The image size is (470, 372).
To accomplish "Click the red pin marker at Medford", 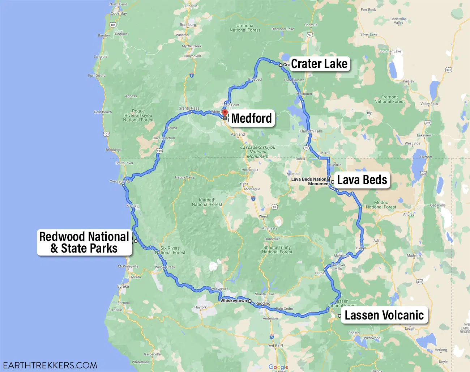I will (x=225, y=113).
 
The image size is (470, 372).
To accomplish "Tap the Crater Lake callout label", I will (x=319, y=64).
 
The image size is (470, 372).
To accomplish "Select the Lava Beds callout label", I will (x=362, y=180).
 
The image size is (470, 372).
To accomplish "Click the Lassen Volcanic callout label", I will (x=384, y=315).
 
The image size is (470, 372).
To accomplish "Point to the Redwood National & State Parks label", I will (x=84, y=242).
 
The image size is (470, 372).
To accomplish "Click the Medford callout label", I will (x=251, y=118).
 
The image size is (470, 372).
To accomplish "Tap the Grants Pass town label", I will (x=189, y=108).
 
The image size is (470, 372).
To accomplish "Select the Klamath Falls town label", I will (x=311, y=131).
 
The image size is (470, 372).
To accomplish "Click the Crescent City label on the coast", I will (x=120, y=181).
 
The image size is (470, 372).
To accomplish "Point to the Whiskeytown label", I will (x=234, y=301).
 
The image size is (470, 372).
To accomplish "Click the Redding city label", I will (x=263, y=303).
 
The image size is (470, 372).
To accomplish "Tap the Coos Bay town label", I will (x=119, y=13).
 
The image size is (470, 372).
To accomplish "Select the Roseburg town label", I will (x=188, y=25).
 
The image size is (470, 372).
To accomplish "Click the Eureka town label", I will (x=123, y=286).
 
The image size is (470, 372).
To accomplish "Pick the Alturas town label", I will (x=409, y=214).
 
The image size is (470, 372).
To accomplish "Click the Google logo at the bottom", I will (x=278, y=367).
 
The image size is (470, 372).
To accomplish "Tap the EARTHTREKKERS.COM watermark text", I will (x=50, y=365).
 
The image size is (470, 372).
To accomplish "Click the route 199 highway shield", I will (x=159, y=151).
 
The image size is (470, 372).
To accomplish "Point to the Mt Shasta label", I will (x=269, y=228).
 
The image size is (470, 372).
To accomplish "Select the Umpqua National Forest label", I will (x=245, y=28).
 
